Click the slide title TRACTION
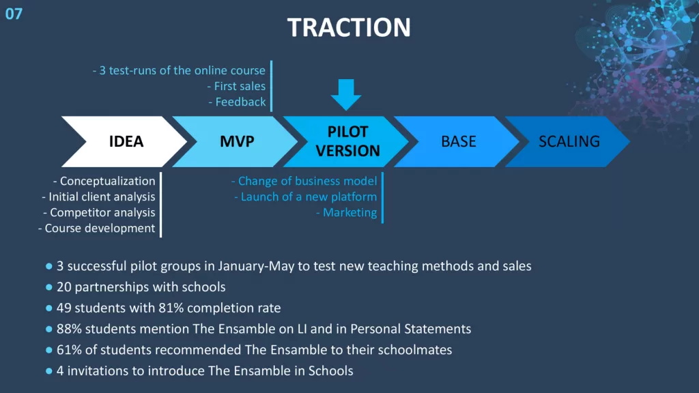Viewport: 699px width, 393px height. coord(349,27)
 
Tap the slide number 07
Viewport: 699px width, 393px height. coord(14,14)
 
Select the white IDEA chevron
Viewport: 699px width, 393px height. coord(124,142)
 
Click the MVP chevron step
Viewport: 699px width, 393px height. coord(235,142)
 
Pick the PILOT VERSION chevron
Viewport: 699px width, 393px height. coord(346,142)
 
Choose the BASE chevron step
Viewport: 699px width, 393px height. coord(457,142)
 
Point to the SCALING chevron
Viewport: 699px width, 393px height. coord(567,142)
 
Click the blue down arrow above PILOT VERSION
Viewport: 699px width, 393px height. coord(346,94)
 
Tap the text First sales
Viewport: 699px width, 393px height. coord(240,86)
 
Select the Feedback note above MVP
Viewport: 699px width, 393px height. coord(240,102)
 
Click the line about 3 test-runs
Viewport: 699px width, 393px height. coord(179,70)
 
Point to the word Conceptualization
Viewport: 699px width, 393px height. coord(107,181)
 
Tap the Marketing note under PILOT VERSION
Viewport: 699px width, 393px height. coord(349,213)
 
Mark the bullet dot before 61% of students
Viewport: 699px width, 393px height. coord(49,350)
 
